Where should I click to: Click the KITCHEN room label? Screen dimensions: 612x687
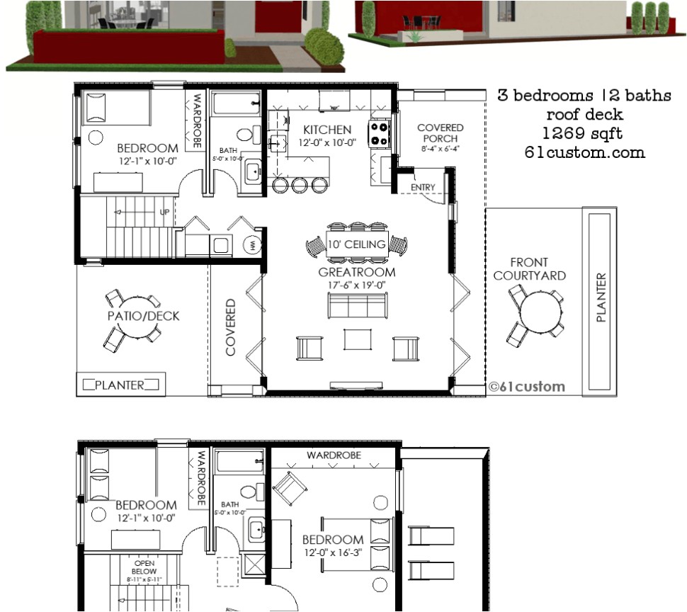pos(327,130)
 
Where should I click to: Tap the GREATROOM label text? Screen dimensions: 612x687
pos(356,271)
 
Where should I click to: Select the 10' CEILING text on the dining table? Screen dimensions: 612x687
pos(356,244)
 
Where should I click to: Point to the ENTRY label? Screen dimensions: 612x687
pos(422,187)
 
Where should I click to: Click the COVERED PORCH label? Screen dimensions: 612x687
pos(440,133)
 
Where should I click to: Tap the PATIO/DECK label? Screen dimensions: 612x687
pos(144,316)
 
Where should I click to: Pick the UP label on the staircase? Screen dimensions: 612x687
pos(165,212)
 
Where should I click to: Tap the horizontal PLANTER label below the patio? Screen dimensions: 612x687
pos(120,385)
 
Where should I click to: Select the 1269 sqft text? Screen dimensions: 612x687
pos(584,133)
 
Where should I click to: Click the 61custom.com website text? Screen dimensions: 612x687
pos(584,152)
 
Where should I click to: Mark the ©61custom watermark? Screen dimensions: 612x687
pos(527,386)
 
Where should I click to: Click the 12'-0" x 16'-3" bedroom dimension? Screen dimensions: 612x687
pos(333,552)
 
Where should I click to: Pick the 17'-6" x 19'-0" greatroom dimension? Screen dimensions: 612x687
pos(356,285)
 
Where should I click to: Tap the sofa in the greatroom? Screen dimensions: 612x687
pos(356,305)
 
